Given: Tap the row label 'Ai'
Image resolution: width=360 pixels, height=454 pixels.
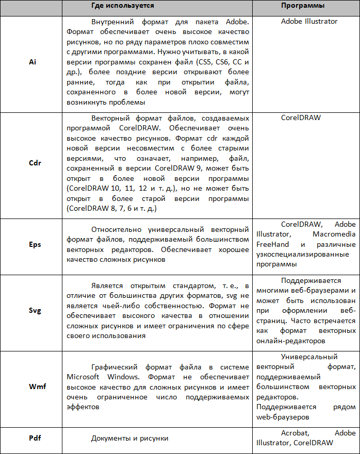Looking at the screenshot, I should pyautogui.click(x=32, y=61).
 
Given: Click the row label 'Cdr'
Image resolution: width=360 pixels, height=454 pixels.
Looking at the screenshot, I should pyautogui.click(x=35, y=163).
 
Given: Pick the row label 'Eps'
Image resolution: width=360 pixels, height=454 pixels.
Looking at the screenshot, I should pyautogui.click(x=35, y=245).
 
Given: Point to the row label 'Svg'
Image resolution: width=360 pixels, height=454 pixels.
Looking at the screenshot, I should pyautogui.click(x=35, y=311).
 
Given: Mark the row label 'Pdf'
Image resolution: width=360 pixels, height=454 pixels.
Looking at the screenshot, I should pyautogui.click(x=35, y=438).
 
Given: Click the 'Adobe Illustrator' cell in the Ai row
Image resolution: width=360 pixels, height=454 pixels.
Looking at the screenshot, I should pyautogui.click(x=309, y=22).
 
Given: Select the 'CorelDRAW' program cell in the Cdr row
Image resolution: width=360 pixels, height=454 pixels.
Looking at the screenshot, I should pyautogui.click(x=301, y=117).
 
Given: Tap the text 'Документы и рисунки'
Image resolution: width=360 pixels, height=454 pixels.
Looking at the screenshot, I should pyautogui.click(x=130, y=439).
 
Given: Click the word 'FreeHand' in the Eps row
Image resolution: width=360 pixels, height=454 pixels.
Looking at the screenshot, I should pyautogui.click(x=272, y=244).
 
